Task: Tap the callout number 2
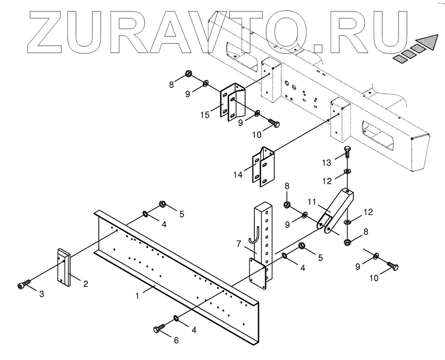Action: click(x=86, y=284)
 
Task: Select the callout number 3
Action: click(x=41, y=294)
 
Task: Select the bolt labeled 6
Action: click(x=159, y=329)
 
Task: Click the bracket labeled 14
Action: click(x=264, y=168)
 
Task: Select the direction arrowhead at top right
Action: click(x=428, y=42)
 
